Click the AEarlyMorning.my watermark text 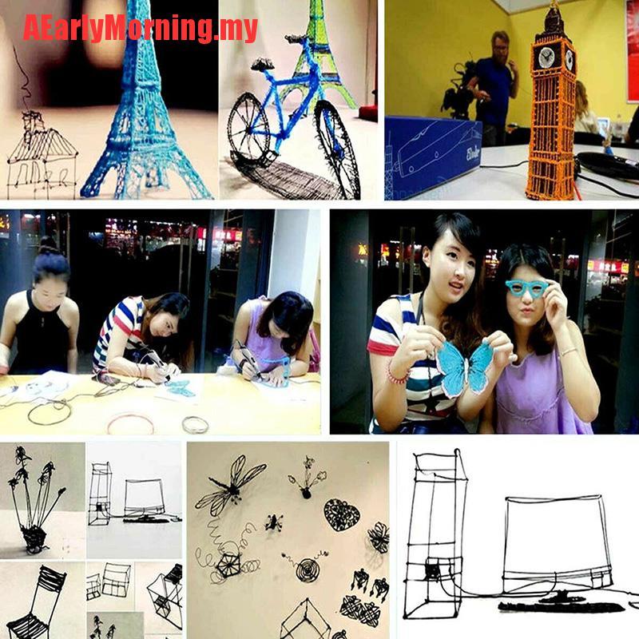140,28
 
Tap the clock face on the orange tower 547,58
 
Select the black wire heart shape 342,514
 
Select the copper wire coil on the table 130,423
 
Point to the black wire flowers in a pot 34,503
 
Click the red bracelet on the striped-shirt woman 392,374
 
